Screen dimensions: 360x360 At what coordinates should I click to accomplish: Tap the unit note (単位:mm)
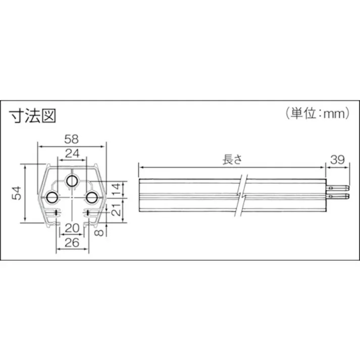point(316,114)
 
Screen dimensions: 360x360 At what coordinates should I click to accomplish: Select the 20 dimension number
point(72,227)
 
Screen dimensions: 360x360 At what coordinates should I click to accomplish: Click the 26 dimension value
point(72,242)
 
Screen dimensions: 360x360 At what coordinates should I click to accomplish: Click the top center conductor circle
point(72,180)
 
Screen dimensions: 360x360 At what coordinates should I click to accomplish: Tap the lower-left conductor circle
point(52,196)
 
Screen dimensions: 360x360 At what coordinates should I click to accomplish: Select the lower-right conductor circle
point(91,196)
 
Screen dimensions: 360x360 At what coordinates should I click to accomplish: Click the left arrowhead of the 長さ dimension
point(140,167)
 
